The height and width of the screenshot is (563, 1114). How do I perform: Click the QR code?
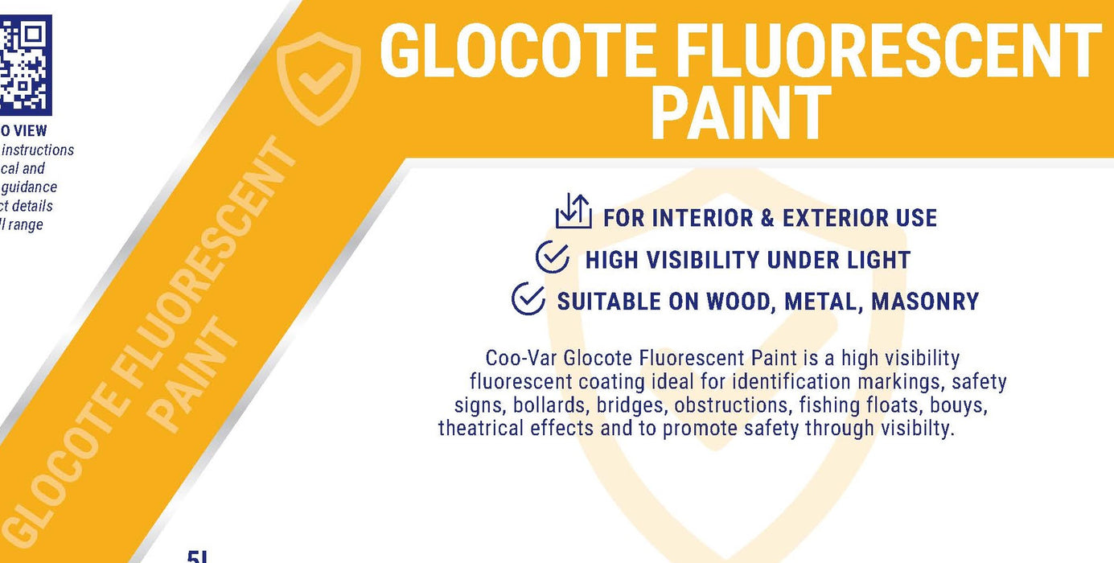24,64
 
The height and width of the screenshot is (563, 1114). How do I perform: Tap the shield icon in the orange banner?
319,78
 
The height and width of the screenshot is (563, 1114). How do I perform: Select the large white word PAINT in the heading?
740,114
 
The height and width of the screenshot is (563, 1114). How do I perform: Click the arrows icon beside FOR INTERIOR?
573,212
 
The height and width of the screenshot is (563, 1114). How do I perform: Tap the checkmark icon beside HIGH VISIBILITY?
553,258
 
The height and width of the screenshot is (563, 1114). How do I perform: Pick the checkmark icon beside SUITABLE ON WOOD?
528,298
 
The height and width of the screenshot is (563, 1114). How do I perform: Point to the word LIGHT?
873,260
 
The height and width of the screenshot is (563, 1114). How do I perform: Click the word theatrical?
481,428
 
